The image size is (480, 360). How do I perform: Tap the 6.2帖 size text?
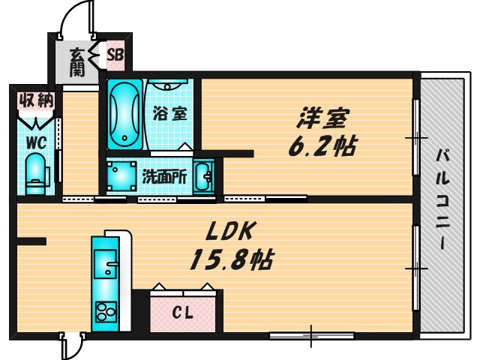[x=322, y=145]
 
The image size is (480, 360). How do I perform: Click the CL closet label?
[x=183, y=313]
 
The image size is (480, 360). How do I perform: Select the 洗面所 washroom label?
[x=164, y=178]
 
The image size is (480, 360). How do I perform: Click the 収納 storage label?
[x=34, y=100]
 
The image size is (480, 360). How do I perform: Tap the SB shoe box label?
[x=115, y=54]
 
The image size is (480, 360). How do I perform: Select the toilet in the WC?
[x=34, y=170]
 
